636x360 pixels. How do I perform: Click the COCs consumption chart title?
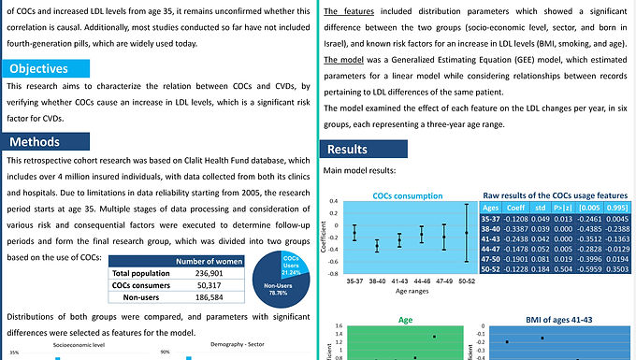coord(409,196)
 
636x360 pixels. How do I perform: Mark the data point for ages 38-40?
coord(377,246)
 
